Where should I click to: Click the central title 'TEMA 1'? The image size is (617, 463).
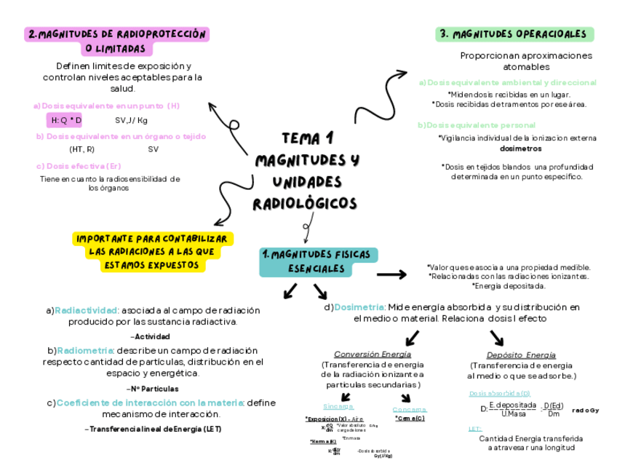pyautogui.click(x=306, y=138)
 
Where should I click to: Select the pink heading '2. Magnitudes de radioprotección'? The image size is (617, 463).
pyautogui.click(x=117, y=34)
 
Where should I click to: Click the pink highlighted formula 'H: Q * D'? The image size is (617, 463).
pyautogui.click(x=66, y=120)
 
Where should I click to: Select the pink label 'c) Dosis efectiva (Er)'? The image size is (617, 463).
pyautogui.click(x=79, y=166)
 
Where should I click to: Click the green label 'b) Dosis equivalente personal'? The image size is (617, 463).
pyautogui.click(x=477, y=125)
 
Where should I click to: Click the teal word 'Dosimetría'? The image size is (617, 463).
pyautogui.click(x=359, y=307)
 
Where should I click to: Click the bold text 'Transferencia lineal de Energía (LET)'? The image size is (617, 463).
pyautogui.click(x=154, y=430)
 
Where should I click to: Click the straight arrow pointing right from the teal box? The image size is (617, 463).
pyautogui.click(x=391, y=274)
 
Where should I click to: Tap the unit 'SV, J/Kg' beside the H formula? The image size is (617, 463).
pyautogui.click(x=131, y=120)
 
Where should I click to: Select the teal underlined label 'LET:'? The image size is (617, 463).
pyautogui.click(x=475, y=429)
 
